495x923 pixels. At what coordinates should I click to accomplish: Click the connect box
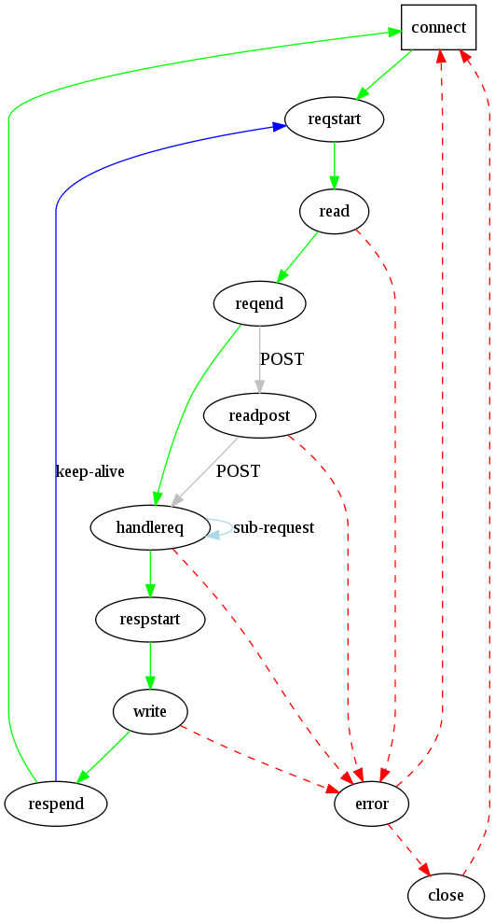click(x=438, y=27)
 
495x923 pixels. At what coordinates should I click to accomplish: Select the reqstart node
click(x=334, y=119)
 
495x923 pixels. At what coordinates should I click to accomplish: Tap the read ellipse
click(x=334, y=211)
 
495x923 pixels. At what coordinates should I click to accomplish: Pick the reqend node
click(x=259, y=303)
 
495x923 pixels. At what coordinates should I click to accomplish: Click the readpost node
click(x=259, y=415)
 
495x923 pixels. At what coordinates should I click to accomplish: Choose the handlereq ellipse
click(x=150, y=527)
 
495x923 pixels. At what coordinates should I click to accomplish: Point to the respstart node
click(x=150, y=620)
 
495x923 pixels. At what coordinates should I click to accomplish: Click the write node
click(x=150, y=712)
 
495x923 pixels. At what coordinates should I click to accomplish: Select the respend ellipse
click(x=55, y=804)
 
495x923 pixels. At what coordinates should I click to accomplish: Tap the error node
click(x=371, y=804)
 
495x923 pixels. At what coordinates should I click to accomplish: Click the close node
click(x=446, y=896)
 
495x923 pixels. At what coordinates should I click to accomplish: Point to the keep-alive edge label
click(x=89, y=471)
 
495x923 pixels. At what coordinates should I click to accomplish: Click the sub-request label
click(x=273, y=528)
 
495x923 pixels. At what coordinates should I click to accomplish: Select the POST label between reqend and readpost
click(x=282, y=359)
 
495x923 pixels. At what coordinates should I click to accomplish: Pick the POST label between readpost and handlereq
click(x=238, y=471)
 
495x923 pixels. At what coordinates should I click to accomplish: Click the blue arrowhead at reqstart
click(x=279, y=127)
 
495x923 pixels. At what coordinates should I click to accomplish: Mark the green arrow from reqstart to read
click(x=334, y=165)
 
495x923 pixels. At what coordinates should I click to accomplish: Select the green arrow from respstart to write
click(x=150, y=665)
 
